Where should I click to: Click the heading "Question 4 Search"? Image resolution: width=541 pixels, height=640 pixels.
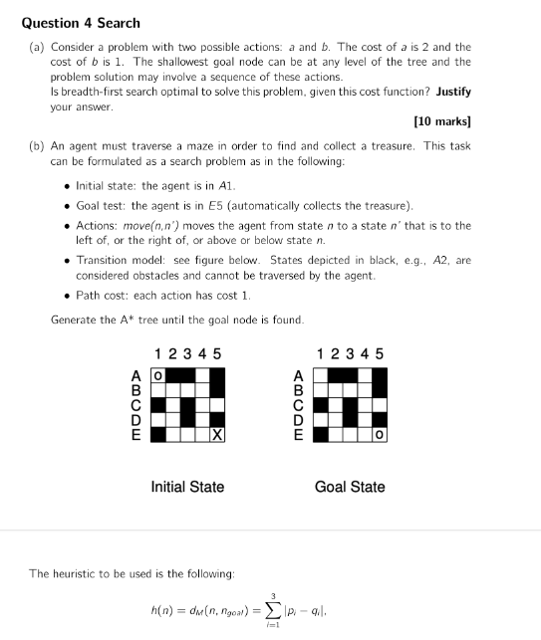tap(81, 23)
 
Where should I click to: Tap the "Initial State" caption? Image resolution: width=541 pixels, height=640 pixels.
tap(187, 487)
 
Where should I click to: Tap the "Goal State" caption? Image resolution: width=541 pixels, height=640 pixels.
tap(349, 487)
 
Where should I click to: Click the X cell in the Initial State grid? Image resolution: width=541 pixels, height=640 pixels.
tap(217, 435)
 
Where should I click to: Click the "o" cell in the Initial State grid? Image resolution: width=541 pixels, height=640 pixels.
tap(155, 376)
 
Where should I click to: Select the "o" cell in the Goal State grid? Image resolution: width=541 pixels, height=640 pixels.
tap(379, 435)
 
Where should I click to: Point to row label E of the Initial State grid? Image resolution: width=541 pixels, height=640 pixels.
tap(136, 435)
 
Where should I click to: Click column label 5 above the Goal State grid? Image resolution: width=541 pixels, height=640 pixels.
tap(379, 354)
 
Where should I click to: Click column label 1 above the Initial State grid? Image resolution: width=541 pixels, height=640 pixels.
tap(157, 354)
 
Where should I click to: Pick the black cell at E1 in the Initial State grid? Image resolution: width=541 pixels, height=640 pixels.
tap(156, 435)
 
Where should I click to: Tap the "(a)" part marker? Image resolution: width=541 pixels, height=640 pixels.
tap(36, 47)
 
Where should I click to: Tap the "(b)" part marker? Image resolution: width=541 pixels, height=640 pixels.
tap(36, 146)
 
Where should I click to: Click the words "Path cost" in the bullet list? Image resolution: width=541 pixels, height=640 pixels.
tap(99, 297)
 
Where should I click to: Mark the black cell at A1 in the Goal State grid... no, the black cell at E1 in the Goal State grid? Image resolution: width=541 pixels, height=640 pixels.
tap(319, 435)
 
